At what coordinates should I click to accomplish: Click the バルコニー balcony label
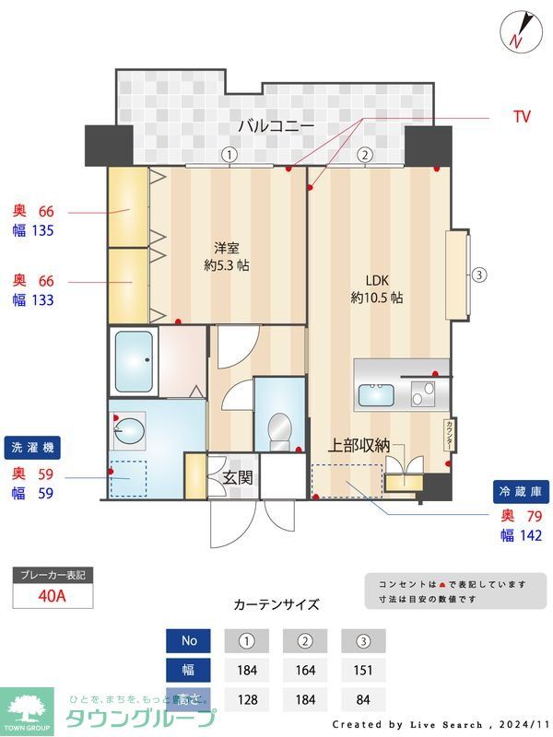click(x=276, y=125)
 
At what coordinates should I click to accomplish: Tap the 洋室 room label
click(x=227, y=248)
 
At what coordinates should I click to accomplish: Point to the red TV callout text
click(x=522, y=117)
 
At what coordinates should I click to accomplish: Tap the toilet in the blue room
click(x=276, y=430)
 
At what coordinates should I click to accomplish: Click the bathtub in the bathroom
click(x=133, y=361)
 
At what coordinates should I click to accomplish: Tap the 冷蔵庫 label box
click(x=519, y=490)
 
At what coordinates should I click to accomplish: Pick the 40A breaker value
click(x=53, y=595)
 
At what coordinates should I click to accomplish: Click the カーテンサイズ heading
click(x=276, y=604)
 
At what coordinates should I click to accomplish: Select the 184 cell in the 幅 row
click(x=246, y=670)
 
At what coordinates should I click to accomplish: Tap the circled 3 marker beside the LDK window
click(x=478, y=274)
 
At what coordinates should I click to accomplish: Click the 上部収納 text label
click(x=359, y=446)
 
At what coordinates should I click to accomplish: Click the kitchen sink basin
click(x=375, y=395)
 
